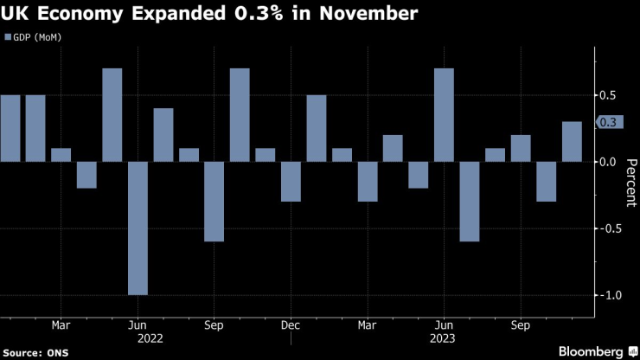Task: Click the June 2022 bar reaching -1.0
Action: (x=138, y=228)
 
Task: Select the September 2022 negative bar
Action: (x=214, y=201)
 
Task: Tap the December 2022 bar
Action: (x=291, y=181)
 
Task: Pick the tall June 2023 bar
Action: (x=444, y=115)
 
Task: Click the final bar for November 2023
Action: (x=572, y=141)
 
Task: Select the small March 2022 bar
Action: (x=61, y=154)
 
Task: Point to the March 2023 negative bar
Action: (x=368, y=181)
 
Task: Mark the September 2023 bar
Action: (x=521, y=148)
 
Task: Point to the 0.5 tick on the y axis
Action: (x=609, y=95)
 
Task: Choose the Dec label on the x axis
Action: (x=291, y=326)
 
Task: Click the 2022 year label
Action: (x=138, y=339)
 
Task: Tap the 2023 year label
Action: (x=444, y=339)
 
